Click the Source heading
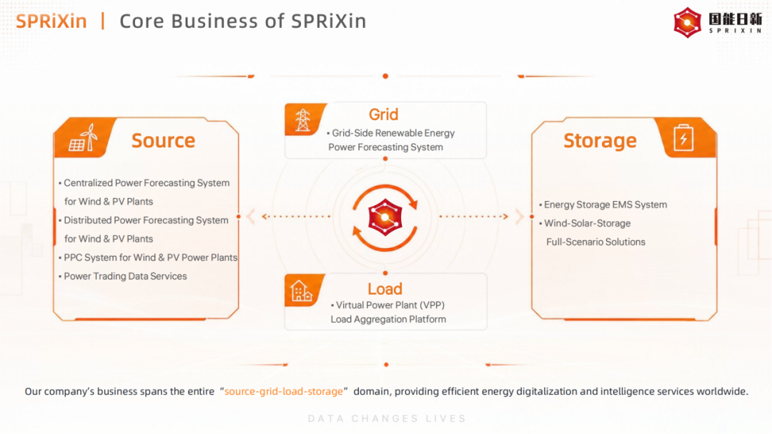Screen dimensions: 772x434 [163, 140]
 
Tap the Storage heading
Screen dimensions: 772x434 [600, 141]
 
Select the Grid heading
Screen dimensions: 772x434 [384, 114]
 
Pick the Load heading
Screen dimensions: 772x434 [385, 289]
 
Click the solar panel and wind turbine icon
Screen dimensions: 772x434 [83, 137]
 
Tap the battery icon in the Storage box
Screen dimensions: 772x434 [683, 137]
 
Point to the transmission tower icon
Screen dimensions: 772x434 [302, 119]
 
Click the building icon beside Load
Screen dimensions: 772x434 [302, 291]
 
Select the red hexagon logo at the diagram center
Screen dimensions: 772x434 [385, 217]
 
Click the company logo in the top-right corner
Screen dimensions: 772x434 [718, 23]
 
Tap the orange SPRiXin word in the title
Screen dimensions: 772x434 [51, 21]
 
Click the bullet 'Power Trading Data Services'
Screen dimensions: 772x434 [125, 276]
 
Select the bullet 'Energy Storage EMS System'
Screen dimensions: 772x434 [605, 204]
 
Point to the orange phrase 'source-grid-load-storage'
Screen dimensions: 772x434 [284, 392]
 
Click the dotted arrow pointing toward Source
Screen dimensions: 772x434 [297, 216]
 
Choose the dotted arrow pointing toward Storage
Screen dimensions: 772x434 [474, 216]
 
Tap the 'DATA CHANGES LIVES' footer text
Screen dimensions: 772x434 [387, 419]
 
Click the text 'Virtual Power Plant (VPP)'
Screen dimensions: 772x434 [390, 305]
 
